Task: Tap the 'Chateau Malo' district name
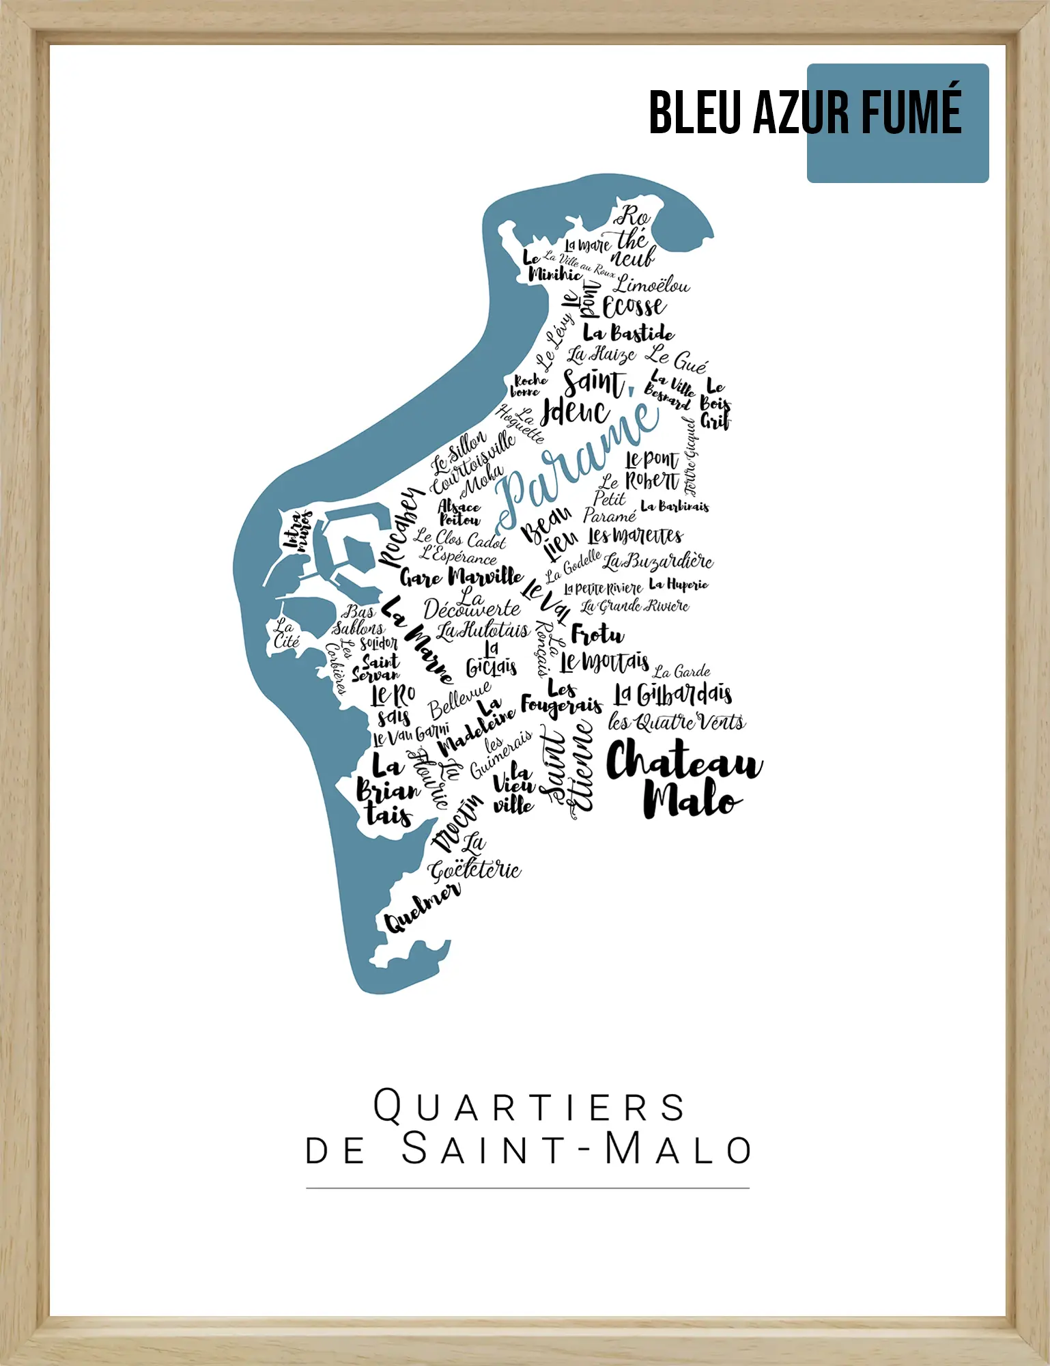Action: click(683, 779)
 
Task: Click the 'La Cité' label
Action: click(286, 633)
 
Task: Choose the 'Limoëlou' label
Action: click(652, 285)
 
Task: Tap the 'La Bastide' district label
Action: click(628, 333)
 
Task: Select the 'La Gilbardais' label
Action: click(673, 695)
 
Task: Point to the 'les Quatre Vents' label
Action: click(676, 722)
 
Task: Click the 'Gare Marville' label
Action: click(462, 577)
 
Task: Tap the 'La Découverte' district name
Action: click(472, 605)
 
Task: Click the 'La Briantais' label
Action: click(387, 790)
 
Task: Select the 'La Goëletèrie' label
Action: click(474, 861)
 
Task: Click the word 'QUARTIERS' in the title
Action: click(529, 1106)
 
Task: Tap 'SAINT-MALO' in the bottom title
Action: click(577, 1149)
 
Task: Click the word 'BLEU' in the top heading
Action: click(694, 113)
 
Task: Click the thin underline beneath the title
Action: click(528, 1188)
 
